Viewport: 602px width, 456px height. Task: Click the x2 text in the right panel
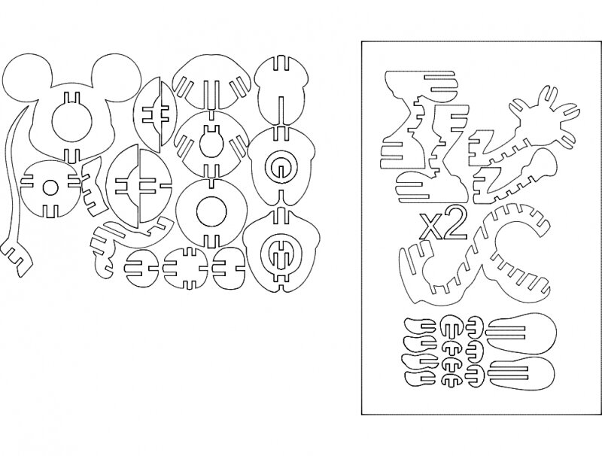(443, 225)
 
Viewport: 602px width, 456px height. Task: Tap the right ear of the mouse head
(117, 75)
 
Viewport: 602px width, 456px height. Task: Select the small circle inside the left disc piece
(50, 188)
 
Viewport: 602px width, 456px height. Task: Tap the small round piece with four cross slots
(187, 268)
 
